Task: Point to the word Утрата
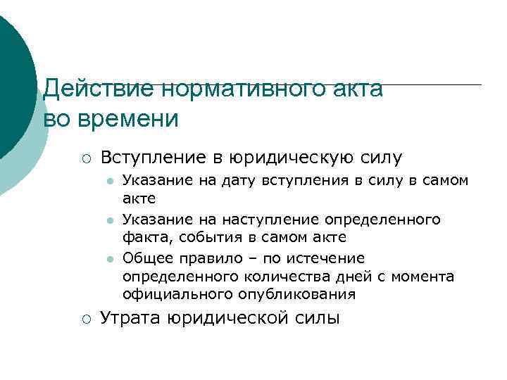(x=130, y=319)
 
